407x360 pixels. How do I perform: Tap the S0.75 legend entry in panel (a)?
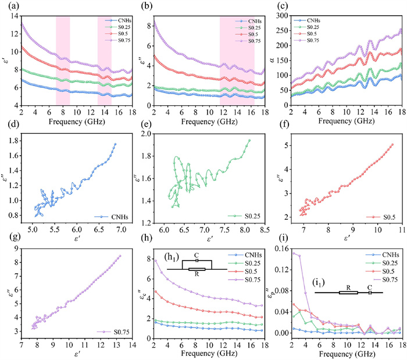119,41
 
